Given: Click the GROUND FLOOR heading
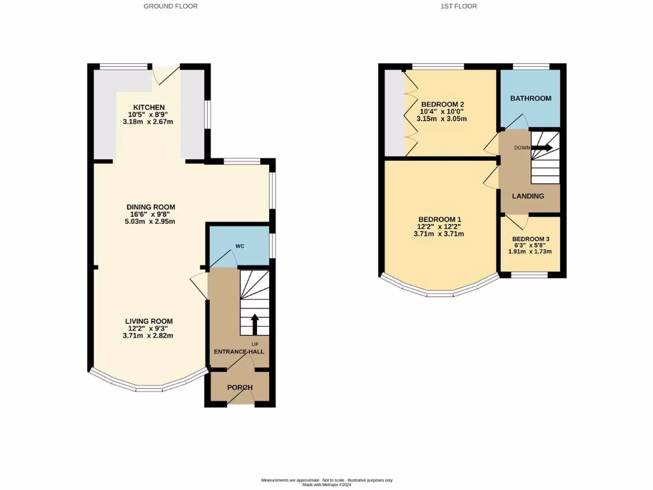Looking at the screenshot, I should (170, 6).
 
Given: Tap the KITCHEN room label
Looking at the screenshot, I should (149, 107).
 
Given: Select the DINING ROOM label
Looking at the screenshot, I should (150, 207).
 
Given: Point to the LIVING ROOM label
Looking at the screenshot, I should (148, 321).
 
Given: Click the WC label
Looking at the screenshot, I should (240, 246).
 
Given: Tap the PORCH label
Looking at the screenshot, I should (240, 387).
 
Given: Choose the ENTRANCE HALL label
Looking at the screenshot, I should (238, 352).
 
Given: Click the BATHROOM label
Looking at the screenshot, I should (530, 98).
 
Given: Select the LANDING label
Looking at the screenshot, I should (528, 196).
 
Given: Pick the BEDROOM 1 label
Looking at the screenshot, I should (439, 219).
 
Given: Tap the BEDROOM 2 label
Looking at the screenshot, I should (442, 105).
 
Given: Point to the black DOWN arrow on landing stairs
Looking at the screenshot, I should (541, 148).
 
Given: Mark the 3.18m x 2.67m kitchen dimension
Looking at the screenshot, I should (149, 122).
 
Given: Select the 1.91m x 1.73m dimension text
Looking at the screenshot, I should (530, 251).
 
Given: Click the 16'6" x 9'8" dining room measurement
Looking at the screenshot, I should (150, 214).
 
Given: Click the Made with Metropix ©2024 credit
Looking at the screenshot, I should (326, 484).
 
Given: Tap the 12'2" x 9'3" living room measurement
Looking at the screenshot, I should (148, 328).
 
